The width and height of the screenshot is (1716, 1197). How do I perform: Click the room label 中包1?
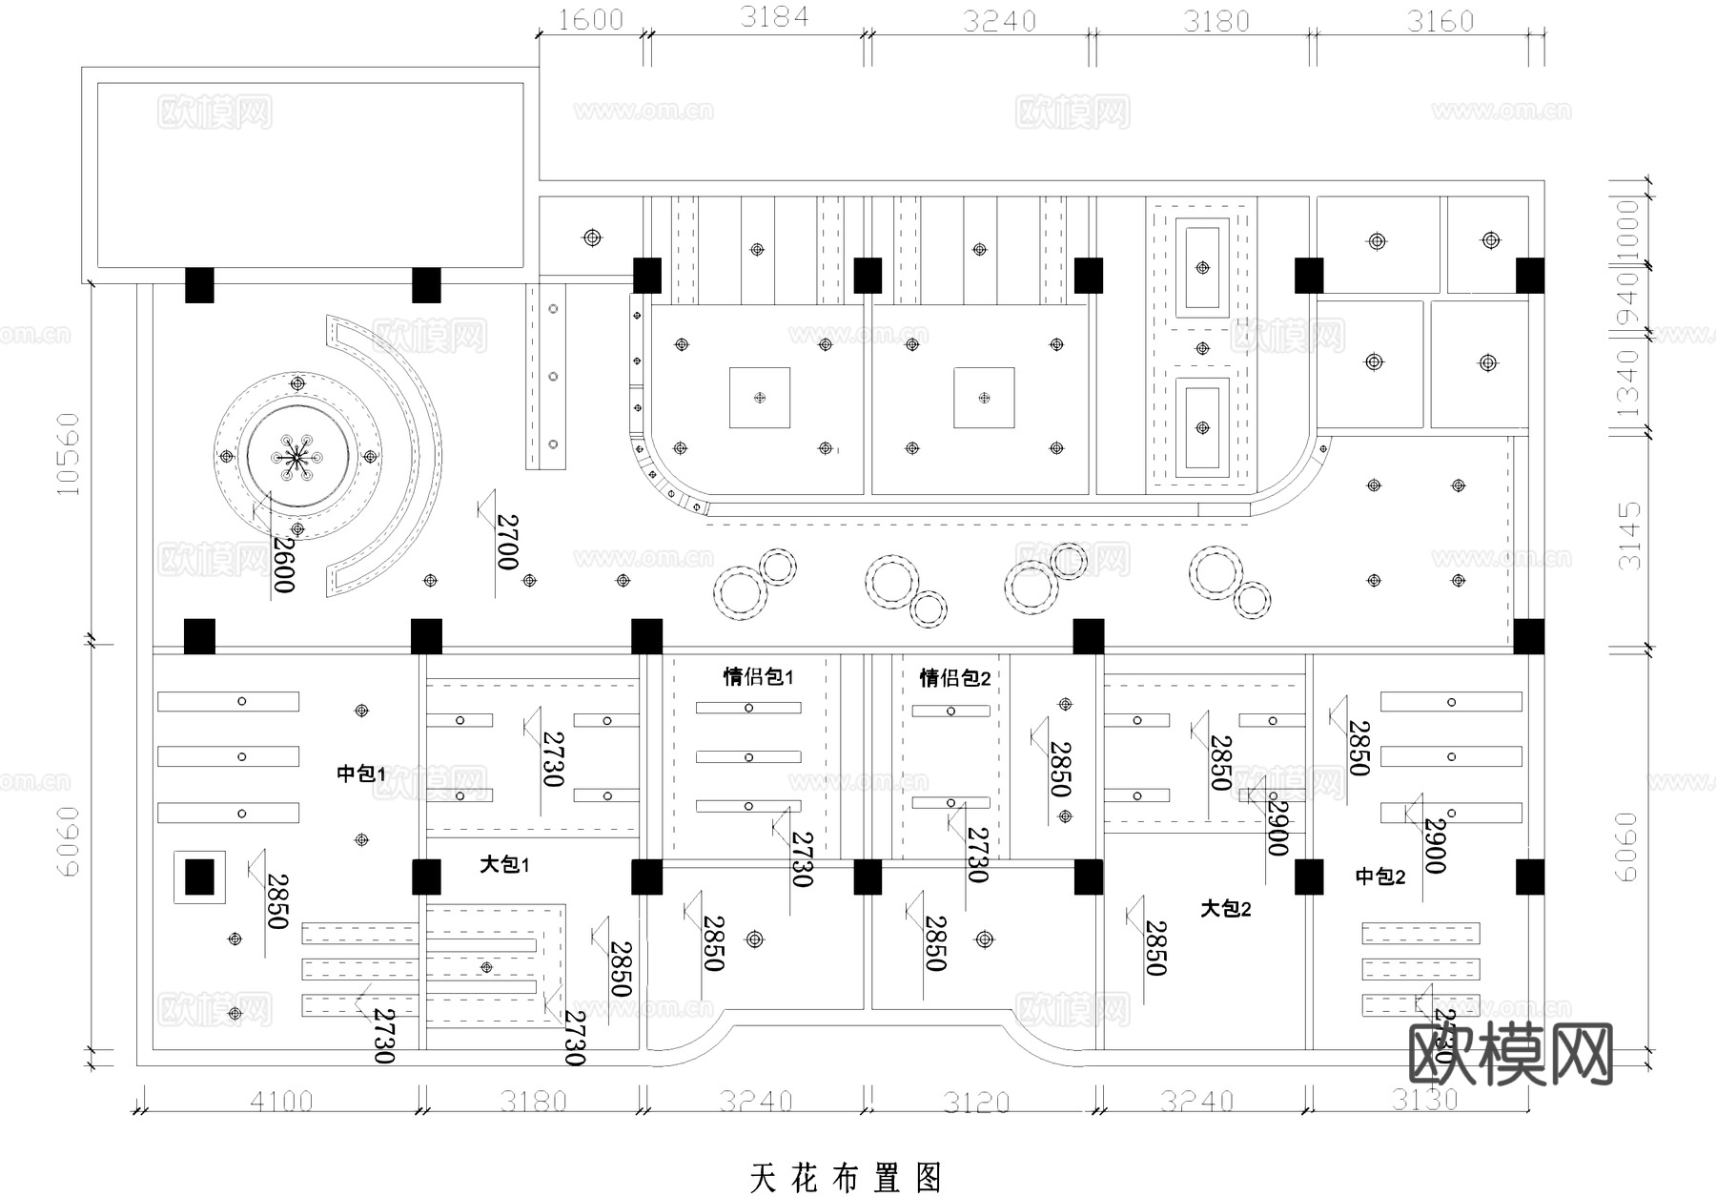tap(360, 774)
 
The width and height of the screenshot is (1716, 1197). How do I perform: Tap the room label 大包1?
tap(504, 865)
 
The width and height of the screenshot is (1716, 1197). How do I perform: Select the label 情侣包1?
tap(758, 677)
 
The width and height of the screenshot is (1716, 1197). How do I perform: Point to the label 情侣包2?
tap(954, 678)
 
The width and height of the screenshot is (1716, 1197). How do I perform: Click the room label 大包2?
tap(1225, 909)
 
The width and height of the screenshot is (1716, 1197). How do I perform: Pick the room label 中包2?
tap(1380, 877)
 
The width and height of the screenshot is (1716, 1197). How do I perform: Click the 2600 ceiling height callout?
tap(283, 564)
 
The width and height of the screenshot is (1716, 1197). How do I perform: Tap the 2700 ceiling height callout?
tap(507, 542)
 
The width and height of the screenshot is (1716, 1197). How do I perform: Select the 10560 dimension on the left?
tap(68, 454)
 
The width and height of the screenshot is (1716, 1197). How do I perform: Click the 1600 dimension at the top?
tap(590, 20)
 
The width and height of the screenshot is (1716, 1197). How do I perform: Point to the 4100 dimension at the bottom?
tap(280, 1103)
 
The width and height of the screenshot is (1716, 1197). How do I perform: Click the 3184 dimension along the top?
tap(773, 17)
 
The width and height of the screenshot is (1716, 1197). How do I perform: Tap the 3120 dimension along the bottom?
tap(976, 1104)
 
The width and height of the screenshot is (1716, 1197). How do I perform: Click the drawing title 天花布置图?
tap(846, 1178)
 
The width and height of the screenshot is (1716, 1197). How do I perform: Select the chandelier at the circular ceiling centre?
tap(296, 458)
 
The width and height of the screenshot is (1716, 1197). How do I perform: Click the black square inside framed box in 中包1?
tap(199, 877)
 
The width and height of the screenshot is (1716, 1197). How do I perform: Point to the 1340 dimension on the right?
tap(1627, 383)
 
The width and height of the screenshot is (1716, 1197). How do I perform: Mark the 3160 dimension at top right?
tap(1440, 21)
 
